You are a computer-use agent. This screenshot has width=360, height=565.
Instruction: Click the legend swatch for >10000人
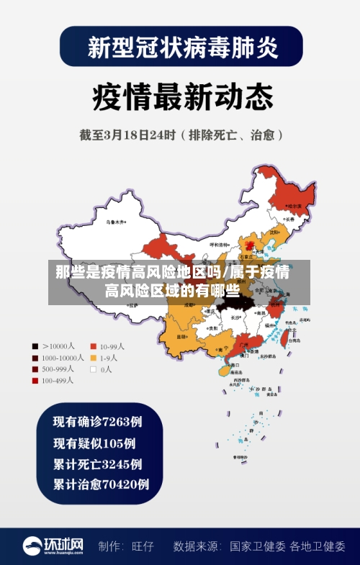coord(35,345)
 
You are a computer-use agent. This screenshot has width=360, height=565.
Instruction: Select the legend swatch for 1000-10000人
coord(35,357)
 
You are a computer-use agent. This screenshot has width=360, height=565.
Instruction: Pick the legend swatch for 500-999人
coord(35,369)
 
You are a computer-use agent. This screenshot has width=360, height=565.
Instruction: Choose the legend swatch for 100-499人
coord(35,381)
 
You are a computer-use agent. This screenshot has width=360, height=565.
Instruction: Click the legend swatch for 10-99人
coord(93,345)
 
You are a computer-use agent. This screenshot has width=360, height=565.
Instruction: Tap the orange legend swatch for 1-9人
coord(93,357)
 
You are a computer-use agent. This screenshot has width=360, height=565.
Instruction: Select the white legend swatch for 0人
coord(93,369)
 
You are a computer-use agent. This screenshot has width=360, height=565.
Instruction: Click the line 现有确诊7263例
coord(97,421)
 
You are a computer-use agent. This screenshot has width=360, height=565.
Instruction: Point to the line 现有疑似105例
coord(94,443)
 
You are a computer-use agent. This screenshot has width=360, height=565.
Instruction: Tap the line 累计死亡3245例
coord(97,464)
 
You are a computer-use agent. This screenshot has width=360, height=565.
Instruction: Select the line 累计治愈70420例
coord(101,484)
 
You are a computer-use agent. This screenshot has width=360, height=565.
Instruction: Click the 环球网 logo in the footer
coord(53,546)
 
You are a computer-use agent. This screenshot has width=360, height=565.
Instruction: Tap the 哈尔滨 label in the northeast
coord(294,206)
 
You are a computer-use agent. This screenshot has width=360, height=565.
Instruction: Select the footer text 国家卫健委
coord(258,546)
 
